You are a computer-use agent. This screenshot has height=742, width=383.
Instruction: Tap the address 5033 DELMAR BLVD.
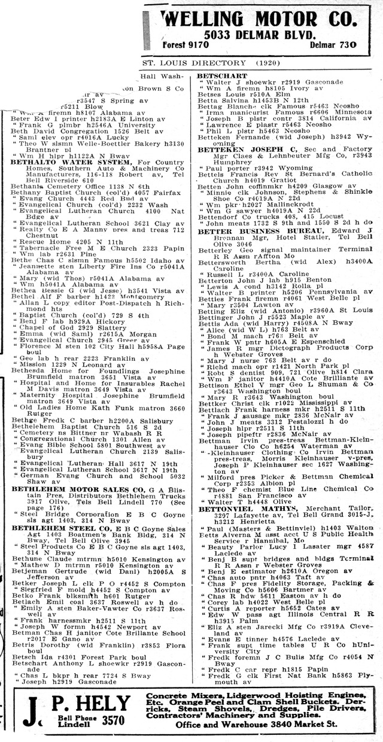[258, 35]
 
